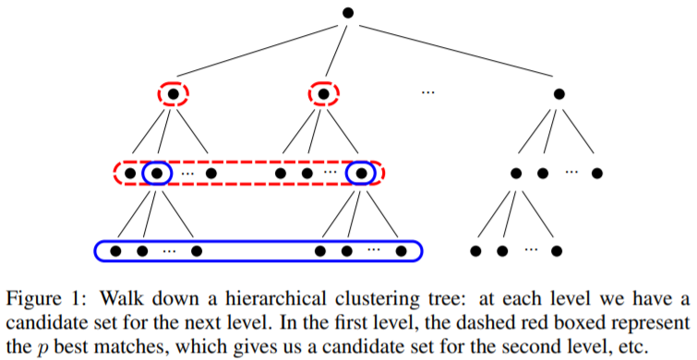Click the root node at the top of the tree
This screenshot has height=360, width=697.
point(348,12)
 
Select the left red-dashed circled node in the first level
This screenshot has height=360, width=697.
point(171,93)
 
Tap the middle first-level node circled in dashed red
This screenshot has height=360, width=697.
point(323,93)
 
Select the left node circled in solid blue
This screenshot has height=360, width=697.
point(157,173)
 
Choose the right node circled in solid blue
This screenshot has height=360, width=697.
point(361,173)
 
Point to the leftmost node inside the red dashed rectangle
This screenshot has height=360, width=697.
point(130,173)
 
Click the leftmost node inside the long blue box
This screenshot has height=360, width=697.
point(116,250)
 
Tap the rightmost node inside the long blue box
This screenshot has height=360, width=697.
point(401,250)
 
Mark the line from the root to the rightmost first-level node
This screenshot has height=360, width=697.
point(452,52)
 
